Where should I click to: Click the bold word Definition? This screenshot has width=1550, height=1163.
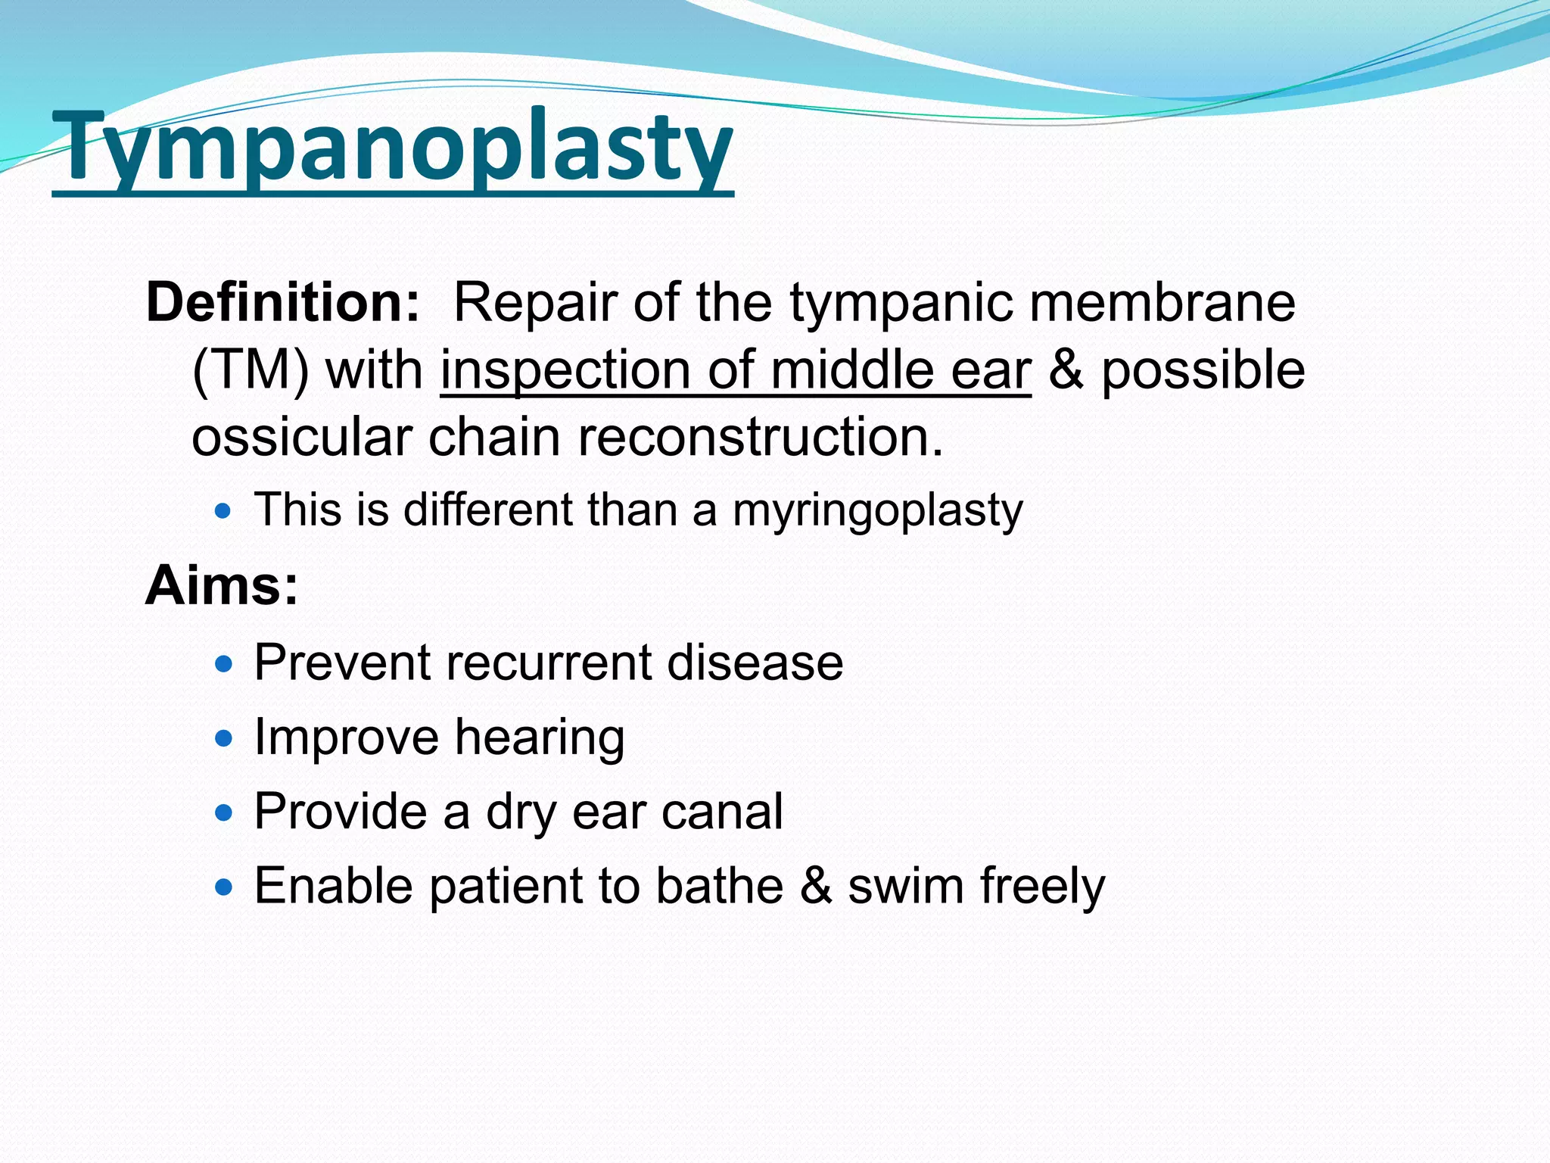pos(282,302)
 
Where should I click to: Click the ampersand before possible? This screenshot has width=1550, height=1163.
pos(1066,370)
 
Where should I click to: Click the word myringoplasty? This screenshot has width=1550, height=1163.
pos(877,510)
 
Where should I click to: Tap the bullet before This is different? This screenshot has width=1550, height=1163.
pos(223,511)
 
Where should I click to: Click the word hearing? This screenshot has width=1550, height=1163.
pos(540,737)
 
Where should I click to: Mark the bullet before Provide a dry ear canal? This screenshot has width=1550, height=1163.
pos(223,813)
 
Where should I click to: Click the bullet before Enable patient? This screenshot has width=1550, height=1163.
pos(223,887)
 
